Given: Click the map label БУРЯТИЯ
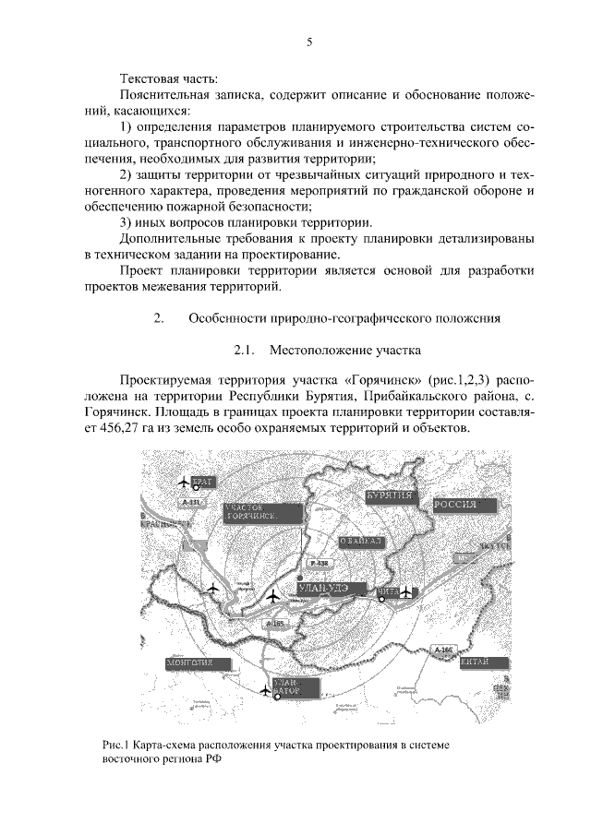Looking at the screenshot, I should click(388, 496).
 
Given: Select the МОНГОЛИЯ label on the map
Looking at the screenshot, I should click(189, 662).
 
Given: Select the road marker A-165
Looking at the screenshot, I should click(274, 626).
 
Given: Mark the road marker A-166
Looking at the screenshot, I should click(443, 650).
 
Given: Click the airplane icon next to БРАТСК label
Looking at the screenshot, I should click(181, 483).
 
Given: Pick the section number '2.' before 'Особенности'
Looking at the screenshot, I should click(158, 319).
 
